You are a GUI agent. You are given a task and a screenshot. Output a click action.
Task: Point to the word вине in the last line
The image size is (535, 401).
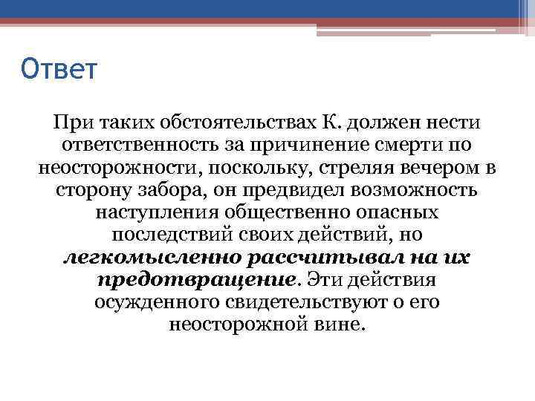[x=343, y=326]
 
